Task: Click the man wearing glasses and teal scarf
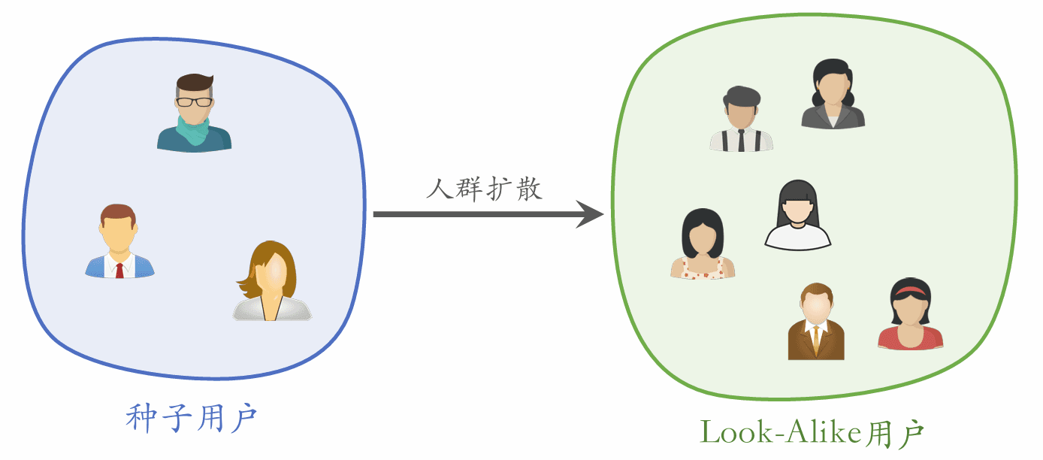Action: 194,113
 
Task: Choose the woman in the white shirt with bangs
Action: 797,216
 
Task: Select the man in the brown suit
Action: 816,322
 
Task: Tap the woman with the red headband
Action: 910,316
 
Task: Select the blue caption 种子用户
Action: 192,418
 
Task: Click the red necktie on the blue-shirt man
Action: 119,270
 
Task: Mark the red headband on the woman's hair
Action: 910,290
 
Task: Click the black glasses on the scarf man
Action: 194,101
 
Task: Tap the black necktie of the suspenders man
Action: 741,141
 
